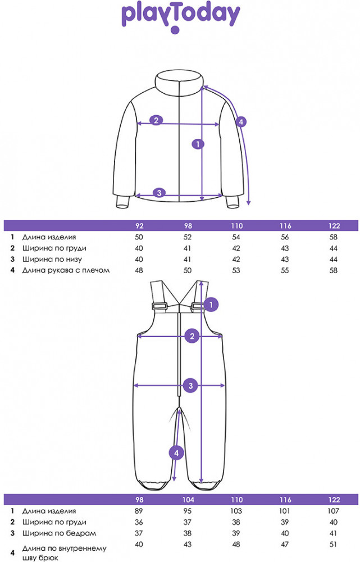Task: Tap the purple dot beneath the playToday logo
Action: [175, 30]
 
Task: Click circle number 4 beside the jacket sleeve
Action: [241, 122]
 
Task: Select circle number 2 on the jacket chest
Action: [156, 120]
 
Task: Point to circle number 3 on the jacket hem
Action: [159, 193]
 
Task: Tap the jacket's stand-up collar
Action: [179, 80]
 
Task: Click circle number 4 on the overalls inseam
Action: [176, 453]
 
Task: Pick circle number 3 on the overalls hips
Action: [190, 386]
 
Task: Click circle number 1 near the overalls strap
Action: [211, 305]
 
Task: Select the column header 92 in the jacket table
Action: [139, 226]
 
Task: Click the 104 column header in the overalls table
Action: [188, 500]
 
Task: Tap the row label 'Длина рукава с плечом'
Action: [66, 270]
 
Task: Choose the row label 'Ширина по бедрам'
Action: [59, 533]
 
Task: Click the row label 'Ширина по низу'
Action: [52, 259]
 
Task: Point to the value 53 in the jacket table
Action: [236, 270]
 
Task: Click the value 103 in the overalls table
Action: [236, 511]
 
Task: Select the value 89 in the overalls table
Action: [139, 511]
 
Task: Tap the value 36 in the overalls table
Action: [139, 522]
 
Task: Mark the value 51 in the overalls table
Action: [334, 544]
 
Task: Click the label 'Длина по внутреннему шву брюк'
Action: [65, 552]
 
